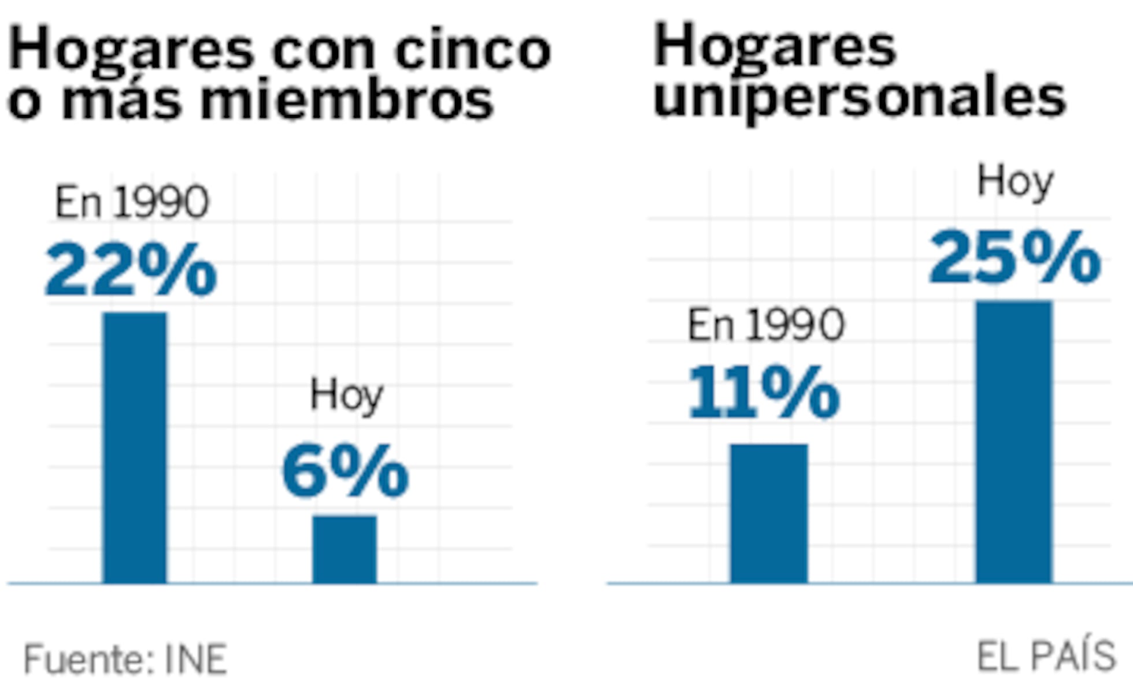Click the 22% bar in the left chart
pos(135,448)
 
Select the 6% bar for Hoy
pos(345,549)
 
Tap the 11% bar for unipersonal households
pos(769,513)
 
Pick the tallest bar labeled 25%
pos(1014,442)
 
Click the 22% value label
pos(131,270)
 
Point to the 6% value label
pos(345,471)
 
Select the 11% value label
pos(764,393)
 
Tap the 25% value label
pos(1014,258)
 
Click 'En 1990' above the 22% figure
pos(131,203)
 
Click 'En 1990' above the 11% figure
pos(766,325)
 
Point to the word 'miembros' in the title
pos(346,100)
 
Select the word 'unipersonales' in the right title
pos(859,97)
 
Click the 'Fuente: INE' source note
pos(125,659)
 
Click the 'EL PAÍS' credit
pos(1046,657)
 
